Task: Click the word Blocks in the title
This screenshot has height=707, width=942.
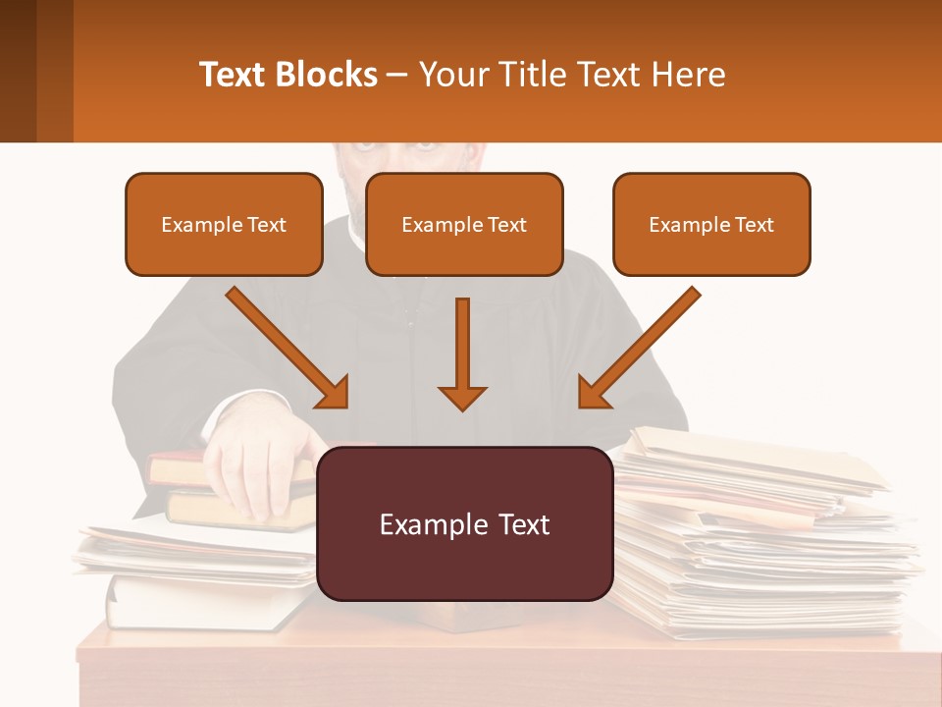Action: coord(326,75)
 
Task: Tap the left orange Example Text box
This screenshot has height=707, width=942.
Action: coord(224,224)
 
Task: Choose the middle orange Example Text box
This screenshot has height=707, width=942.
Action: coord(464,224)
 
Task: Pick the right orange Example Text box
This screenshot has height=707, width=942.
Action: coord(711,224)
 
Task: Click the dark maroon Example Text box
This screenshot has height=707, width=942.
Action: coord(464,523)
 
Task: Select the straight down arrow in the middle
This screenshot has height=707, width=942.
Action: coord(462,353)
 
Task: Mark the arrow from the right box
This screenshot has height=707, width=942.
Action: coord(640,347)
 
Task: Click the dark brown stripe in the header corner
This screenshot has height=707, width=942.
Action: coord(18,71)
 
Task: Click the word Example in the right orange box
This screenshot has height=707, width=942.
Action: coord(686,224)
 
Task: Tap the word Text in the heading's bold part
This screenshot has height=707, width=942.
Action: coord(233,75)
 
